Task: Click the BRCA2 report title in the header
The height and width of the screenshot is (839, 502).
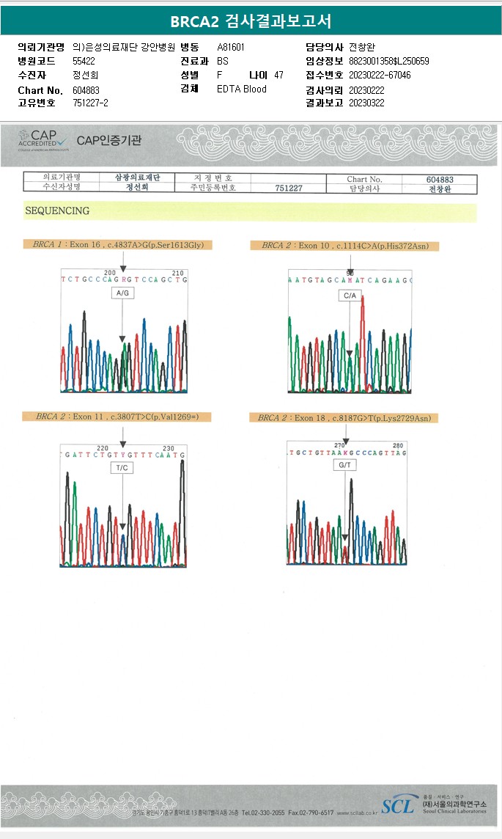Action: pos(251,21)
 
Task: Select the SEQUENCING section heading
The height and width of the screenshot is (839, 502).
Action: pos(57,211)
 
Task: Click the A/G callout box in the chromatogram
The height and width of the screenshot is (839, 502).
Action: pos(122,293)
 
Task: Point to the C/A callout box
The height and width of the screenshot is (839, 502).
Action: pos(350,296)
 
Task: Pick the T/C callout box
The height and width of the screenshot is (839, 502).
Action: pos(122,467)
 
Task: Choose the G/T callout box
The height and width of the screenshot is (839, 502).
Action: pos(344,465)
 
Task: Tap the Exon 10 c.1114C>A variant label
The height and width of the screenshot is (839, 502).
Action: pos(344,245)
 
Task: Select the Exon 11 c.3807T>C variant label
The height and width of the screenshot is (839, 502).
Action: pos(123,417)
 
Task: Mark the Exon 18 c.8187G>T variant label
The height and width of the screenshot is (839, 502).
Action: pos(344,418)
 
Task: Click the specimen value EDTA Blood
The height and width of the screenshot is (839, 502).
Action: pos(242,89)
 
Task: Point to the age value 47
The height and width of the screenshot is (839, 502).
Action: pos(278,76)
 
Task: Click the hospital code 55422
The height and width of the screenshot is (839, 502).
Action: pos(84,62)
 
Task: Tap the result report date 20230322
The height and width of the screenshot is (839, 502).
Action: pos(366,103)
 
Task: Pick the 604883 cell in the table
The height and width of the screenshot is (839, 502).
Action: pos(440,179)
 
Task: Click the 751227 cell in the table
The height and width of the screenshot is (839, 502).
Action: pos(289,188)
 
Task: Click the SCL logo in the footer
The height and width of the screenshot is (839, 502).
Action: pos(397,806)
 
